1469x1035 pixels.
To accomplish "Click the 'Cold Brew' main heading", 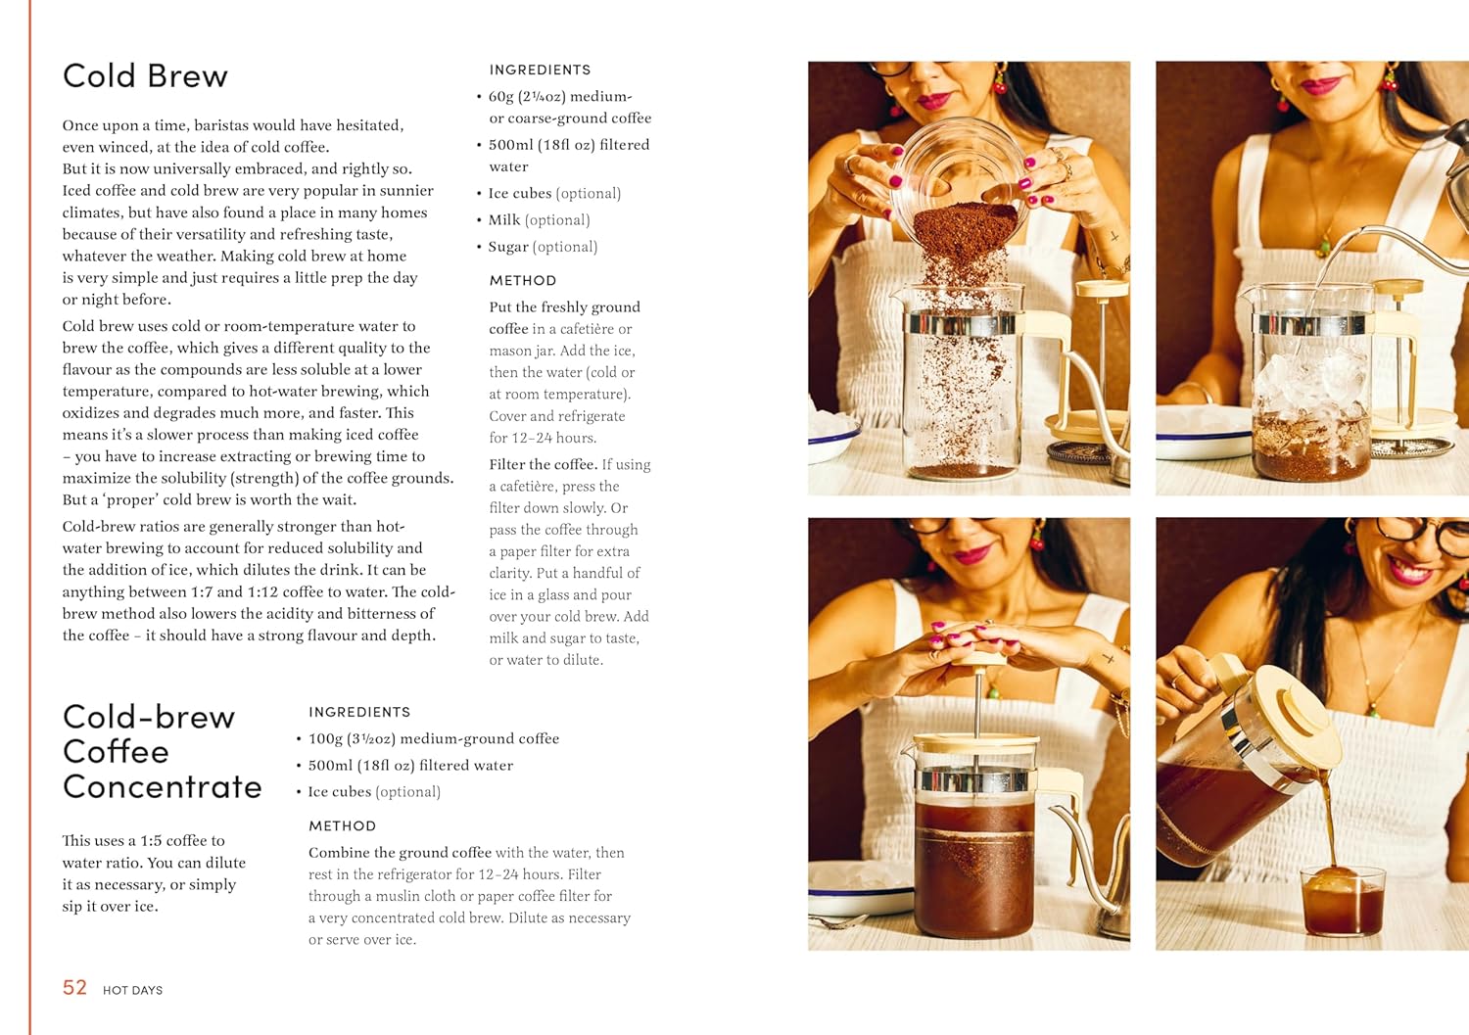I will [x=145, y=76].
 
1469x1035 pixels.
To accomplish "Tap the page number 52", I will [x=74, y=988].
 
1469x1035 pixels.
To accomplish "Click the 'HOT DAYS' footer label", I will [x=132, y=990].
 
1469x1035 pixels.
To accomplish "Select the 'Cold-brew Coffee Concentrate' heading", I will [x=162, y=751].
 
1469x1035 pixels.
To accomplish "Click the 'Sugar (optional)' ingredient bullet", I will [x=543, y=247].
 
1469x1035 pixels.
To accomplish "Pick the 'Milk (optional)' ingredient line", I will [x=539, y=220].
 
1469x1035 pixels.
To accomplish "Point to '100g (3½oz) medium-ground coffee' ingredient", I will [x=433, y=738].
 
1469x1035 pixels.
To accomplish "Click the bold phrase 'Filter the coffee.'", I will [x=543, y=464].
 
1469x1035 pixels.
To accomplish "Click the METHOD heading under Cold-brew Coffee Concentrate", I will [x=342, y=825].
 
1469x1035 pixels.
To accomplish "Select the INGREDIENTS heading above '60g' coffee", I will [x=540, y=70].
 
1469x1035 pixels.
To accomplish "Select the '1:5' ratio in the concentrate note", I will [x=151, y=840].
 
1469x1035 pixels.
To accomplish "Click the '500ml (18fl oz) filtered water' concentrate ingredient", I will [x=410, y=765].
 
